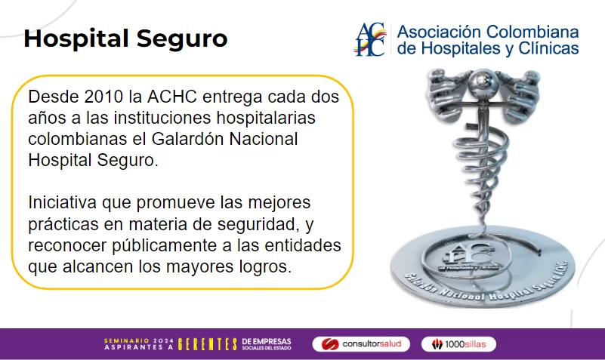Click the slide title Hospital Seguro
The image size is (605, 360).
[125, 39]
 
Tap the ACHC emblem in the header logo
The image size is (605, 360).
[371, 39]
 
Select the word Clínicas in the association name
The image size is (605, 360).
[548, 49]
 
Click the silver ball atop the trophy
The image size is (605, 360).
[483, 82]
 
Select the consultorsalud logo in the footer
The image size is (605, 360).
[361, 344]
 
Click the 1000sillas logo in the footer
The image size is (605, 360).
[458, 344]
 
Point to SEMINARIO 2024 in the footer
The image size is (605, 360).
[138, 340]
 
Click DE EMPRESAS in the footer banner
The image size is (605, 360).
[266, 341]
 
